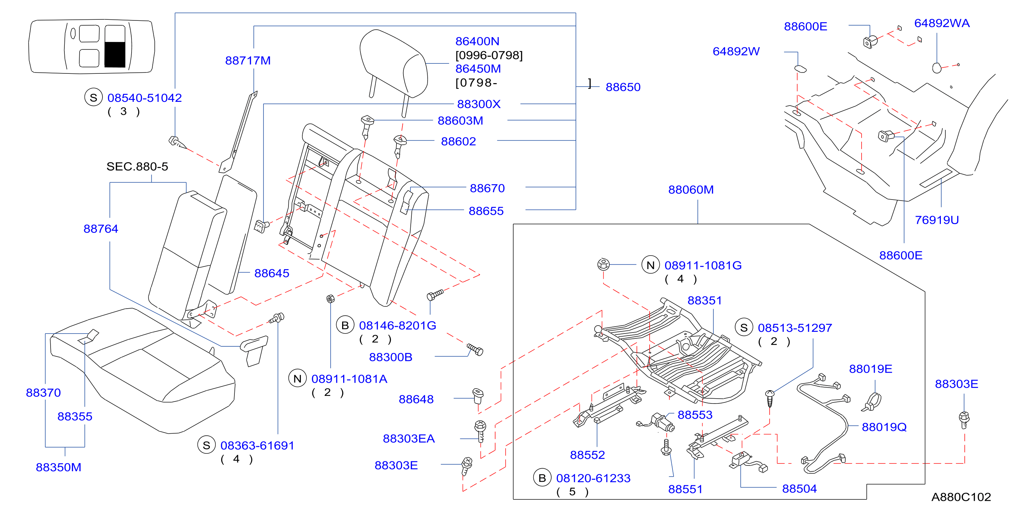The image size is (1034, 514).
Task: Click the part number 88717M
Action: (x=248, y=61)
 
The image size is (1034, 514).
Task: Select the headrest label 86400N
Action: (x=477, y=41)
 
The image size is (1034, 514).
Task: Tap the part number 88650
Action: (x=623, y=87)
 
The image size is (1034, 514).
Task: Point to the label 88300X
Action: (x=479, y=104)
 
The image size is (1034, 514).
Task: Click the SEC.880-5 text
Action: (x=137, y=167)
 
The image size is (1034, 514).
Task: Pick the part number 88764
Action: (x=101, y=229)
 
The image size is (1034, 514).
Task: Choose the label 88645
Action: (x=272, y=274)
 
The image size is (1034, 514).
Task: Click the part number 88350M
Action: (x=59, y=468)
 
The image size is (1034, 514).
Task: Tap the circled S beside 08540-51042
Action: (x=93, y=98)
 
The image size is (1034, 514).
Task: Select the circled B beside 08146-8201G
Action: (x=345, y=325)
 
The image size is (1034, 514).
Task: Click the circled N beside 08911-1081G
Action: (x=651, y=265)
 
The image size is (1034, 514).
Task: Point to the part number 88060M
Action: (x=691, y=190)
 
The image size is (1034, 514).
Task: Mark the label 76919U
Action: (x=937, y=220)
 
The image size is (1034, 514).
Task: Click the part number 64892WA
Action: (x=942, y=23)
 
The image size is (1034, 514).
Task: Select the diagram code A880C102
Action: (x=961, y=497)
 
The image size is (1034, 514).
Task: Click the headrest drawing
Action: (x=393, y=64)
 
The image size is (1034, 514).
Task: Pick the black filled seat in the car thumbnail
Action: (x=115, y=54)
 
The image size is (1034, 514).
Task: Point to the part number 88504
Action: (x=799, y=489)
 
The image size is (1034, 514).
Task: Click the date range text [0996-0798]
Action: (x=489, y=55)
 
